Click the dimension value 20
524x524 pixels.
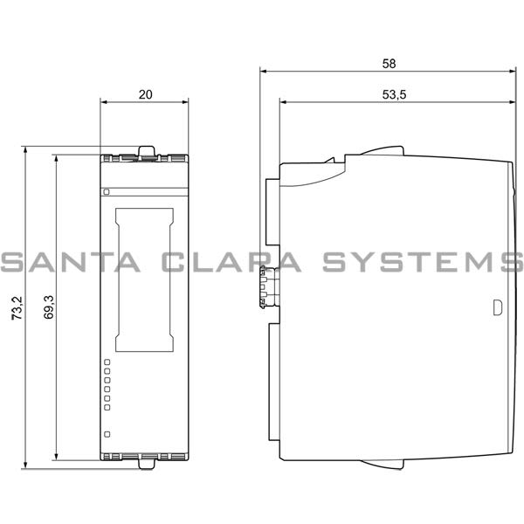pyautogui.click(x=145, y=94)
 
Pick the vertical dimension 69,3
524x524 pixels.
pyautogui.click(x=47, y=307)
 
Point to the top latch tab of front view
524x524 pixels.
pyautogui.click(x=146, y=152)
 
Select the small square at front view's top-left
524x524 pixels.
pyautogui.click(x=107, y=191)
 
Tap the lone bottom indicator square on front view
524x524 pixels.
pyautogui.click(x=107, y=433)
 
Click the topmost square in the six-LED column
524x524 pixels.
pyautogui.click(x=107, y=361)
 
